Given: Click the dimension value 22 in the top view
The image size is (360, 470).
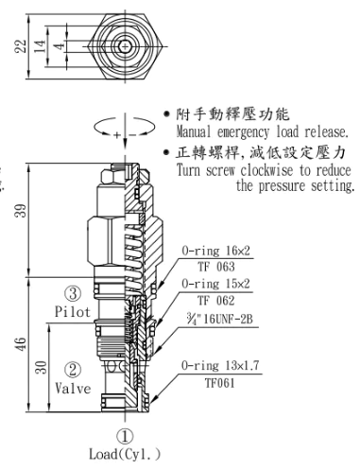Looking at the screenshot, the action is click(x=21, y=46).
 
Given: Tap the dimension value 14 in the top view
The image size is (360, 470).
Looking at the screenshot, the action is click(x=40, y=46).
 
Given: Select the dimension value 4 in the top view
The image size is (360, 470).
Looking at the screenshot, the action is click(x=59, y=46).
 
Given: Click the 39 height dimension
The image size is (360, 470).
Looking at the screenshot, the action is click(x=21, y=210).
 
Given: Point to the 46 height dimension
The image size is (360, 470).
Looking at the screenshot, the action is click(x=21, y=344).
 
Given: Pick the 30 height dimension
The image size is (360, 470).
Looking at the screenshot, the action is click(x=41, y=368).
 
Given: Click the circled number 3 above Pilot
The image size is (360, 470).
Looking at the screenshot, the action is click(x=73, y=293).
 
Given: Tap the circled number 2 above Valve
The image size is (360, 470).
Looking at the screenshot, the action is click(x=73, y=370).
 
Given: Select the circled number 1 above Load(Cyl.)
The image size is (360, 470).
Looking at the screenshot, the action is click(x=125, y=436).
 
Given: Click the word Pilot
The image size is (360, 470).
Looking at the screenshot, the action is click(x=73, y=312).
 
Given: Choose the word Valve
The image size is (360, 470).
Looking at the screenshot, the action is click(x=73, y=388).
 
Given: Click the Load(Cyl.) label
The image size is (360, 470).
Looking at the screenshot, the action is click(x=125, y=454).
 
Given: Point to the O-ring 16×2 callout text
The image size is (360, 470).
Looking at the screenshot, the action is click(x=215, y=251).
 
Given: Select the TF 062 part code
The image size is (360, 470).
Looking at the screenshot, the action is click(x=216, y=301).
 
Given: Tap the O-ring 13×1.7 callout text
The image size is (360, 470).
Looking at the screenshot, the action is click(x=220, y=365).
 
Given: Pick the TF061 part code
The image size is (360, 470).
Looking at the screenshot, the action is click(x=220, y=383).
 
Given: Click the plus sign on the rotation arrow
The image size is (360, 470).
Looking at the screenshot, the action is click(x=117, y=135).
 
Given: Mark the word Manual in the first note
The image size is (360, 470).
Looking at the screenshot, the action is click(x=194, y=131).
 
